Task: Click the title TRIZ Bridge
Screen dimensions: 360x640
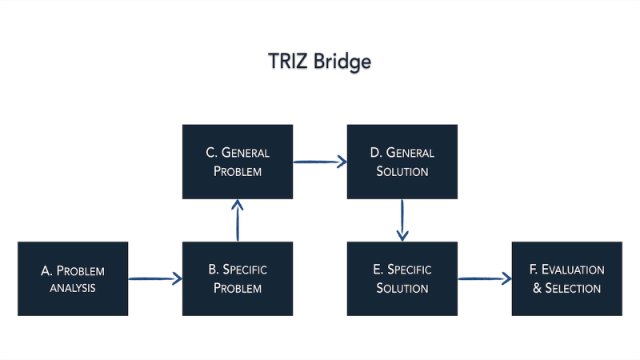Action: click(x=319, y=62)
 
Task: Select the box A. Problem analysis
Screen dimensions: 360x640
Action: click(x=73, y=278)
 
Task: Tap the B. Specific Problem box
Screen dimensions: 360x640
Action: click(x=238, y=278)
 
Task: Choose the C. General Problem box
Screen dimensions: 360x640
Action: click(x=238, y=162)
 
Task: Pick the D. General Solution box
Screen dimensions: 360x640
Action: click(x=402, y=162)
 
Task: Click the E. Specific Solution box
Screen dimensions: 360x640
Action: click(x=402, y=278)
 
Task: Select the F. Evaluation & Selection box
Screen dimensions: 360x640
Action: click(x=567, y=278)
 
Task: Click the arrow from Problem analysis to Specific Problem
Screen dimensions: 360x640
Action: click(x=155, y=279)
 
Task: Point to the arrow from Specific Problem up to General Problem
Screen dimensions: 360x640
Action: click(x=238, y=220)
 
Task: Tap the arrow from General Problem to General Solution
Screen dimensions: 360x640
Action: click(x=320, y=162)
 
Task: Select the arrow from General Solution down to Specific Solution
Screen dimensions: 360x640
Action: click(x=402, y=220)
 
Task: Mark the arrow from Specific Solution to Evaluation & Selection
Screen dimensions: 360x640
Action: click(x=485, y=279)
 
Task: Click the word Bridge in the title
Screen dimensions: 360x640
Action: click(x=342, y=62)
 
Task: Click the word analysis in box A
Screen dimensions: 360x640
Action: click(x=73, y=288)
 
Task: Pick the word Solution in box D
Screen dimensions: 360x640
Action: click(x=402, y=171)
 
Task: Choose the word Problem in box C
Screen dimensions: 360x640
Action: click(x=238, y=171)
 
